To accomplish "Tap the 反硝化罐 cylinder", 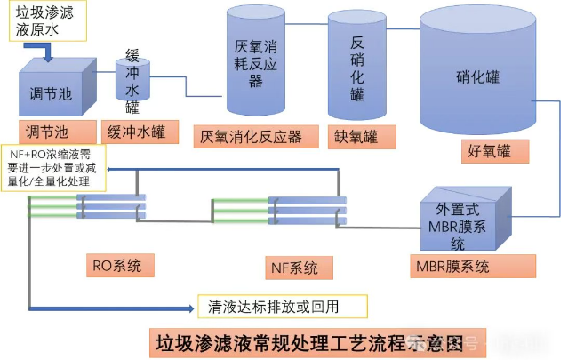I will (356, 67).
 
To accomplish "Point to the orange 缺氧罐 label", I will (356, 137).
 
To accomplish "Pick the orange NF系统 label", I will (293, 266).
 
